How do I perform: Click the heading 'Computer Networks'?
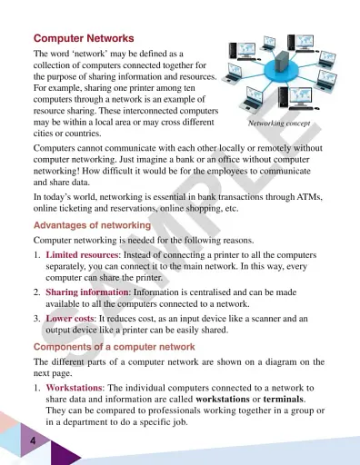(84, 39)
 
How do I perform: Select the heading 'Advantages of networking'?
(92, 224)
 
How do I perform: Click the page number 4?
(32, 440)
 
